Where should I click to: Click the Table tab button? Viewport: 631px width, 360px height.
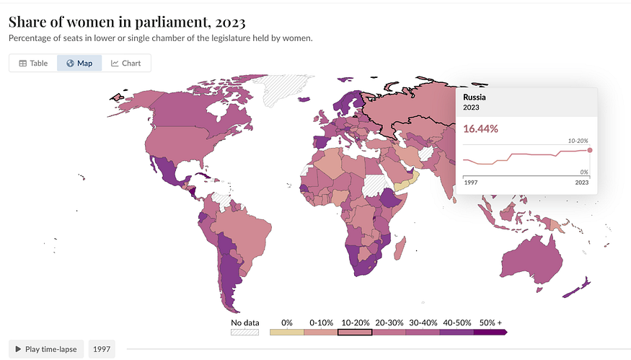pos(33,63)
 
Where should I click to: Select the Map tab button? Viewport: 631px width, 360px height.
pos(79,63)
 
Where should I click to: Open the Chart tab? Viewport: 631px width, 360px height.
pos(126,63)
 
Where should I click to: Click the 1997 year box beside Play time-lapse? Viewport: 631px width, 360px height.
pos(102,349)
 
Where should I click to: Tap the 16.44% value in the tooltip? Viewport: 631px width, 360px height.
pos(480,129)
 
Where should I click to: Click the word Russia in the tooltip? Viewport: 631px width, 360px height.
pos(475,97)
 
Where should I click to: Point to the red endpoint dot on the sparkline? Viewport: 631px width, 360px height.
pos(590,150)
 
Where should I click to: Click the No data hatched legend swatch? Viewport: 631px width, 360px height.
pos(244,332)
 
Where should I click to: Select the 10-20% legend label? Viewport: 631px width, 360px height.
pos(356,322)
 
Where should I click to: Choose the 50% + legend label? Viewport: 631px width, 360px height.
pos(490,322)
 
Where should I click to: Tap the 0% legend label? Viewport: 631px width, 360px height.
pos(287,322)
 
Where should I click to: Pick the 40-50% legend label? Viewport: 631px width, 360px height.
pos(456,322)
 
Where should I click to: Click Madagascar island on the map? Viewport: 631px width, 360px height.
pos(400,248)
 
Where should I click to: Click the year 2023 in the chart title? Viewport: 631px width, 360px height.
pos(230,22)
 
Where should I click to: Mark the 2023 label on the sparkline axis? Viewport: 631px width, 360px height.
pos(581,183)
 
